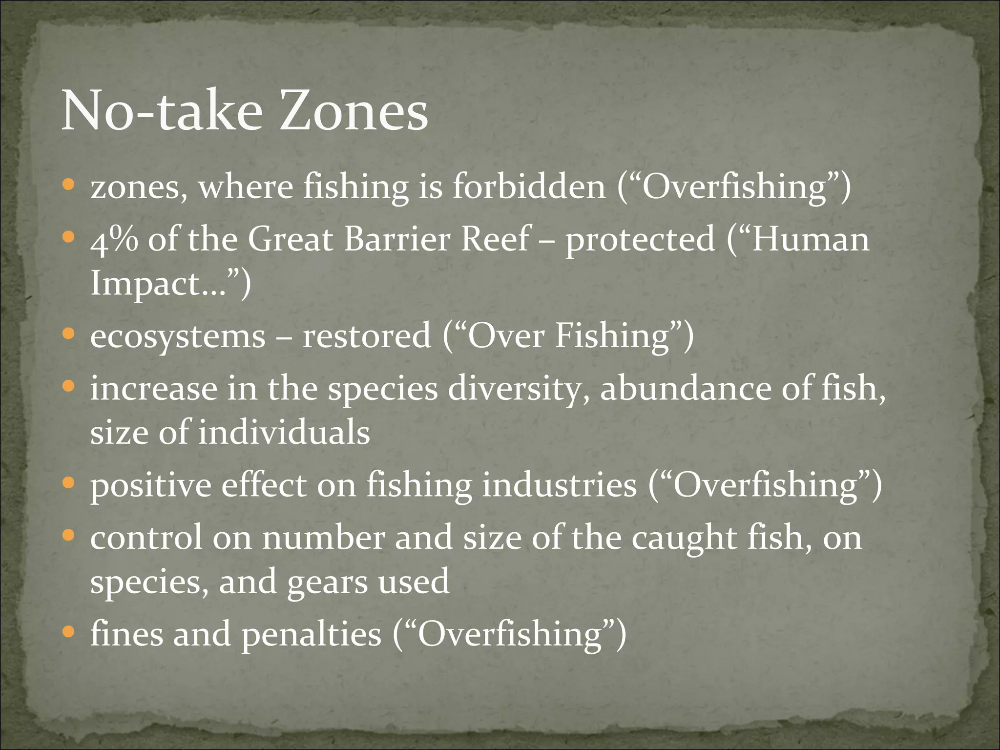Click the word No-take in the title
tap(162, 112)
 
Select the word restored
tap(367, 336)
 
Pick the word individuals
tap(284, 433)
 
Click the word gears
tap(327, 583)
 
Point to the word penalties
tap(311, 635)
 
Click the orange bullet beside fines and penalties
tap(69, 633)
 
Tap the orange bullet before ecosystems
tap(69, 334)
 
